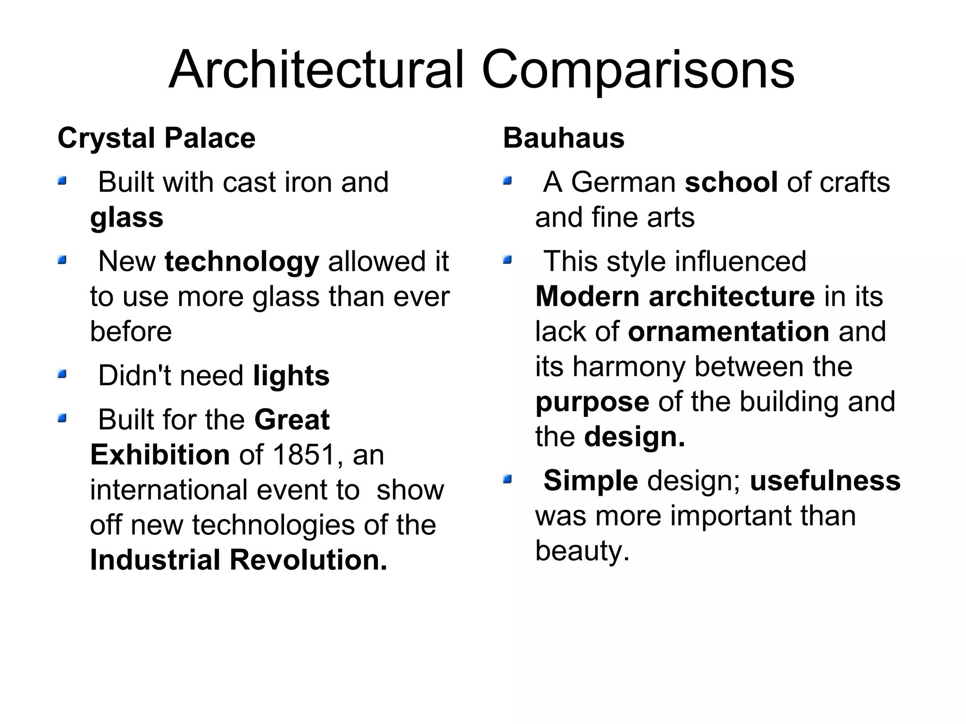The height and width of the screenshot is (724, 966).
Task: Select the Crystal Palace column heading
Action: point(156,138)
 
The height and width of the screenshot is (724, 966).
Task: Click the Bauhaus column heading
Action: point(564,138)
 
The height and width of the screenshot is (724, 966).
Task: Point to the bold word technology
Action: point(242,262)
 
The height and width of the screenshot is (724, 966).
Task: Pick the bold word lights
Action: point(291,376)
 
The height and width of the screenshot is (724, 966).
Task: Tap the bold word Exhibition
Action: point(160,455)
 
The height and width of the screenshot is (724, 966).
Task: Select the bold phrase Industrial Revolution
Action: point(238,560)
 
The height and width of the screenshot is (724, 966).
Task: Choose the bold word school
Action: point(731,183)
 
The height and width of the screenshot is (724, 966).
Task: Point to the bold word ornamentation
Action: point(729,332)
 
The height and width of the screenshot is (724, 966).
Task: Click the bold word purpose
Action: point(592,402)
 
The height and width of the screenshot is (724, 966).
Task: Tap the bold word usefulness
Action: point(825,481)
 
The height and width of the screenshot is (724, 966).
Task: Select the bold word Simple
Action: point(591,481)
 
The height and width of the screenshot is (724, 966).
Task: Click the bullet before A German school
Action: point(507,181)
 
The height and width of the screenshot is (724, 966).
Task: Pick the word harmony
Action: point(628,366)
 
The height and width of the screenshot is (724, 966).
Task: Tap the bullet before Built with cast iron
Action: point(62,181)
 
